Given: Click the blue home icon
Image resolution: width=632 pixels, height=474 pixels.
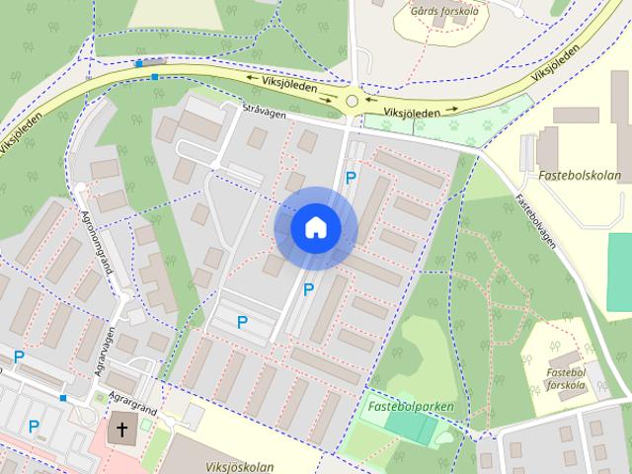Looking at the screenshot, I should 315,228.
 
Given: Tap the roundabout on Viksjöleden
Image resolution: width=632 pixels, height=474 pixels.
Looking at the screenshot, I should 353,100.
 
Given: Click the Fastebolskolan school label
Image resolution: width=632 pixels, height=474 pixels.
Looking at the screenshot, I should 580,178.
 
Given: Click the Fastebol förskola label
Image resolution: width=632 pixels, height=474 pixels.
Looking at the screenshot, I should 565,379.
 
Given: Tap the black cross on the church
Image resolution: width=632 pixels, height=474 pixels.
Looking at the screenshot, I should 122,430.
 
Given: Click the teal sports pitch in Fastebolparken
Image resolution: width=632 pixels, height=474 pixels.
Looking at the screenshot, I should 410,427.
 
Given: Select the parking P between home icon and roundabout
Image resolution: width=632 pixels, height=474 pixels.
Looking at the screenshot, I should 350,178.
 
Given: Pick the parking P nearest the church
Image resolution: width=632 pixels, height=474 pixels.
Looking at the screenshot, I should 34,427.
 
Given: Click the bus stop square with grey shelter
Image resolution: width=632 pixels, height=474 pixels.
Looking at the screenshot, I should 138,64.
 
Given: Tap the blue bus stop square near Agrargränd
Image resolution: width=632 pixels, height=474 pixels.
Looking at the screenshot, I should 62,398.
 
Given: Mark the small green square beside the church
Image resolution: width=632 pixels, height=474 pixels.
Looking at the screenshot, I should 148,424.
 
